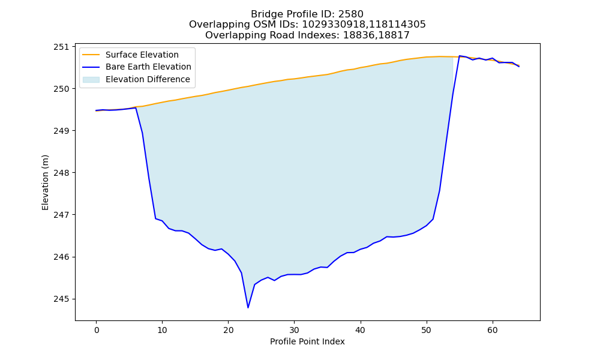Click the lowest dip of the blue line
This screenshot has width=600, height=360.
tap(248, 307)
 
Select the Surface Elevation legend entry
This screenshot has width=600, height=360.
tap(130, 55)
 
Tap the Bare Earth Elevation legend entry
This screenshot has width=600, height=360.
tap(137, 67)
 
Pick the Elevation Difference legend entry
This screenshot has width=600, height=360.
tap(136, 79)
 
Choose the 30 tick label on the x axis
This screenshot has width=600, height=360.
tap(294, 330)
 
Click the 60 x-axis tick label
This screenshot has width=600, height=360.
tap(493, 330)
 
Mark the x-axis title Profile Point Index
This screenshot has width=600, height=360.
tap(307, 341)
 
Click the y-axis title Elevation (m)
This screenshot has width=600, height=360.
tap(45, 182)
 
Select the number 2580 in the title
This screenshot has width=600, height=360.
tap(351, 14)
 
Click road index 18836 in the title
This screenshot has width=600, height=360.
tap(359, 35)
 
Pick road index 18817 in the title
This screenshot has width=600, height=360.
tap(394, 35)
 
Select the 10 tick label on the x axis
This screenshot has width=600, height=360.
tap(162, 330)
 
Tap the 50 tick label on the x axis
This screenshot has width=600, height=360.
tap(426, 330)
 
